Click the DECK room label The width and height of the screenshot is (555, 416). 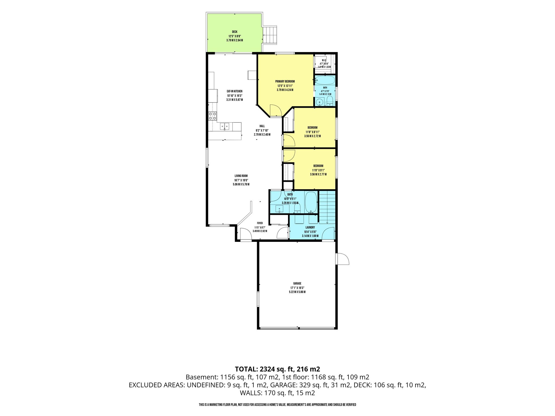(x=235, y=32)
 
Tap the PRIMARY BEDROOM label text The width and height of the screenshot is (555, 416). (x=285, y=82)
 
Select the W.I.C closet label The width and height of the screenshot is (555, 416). (x=324, y=60)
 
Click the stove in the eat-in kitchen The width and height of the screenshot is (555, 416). (x=212, y=116)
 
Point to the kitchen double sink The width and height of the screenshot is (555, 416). (x=225, y=126)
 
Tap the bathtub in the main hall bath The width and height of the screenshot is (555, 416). (x=311, y=202)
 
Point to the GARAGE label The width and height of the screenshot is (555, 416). (x=297, y=284)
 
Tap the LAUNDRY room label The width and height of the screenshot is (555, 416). (x=310, y=227)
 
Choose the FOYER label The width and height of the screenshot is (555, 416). (x=260, y=223)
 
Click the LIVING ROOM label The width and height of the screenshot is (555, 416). (x=241, y=176)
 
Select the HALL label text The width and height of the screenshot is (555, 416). (x=262, y=126)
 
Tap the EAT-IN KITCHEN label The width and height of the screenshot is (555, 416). (x=235, y=91)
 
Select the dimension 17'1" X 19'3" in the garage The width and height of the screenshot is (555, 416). (x=297, y=288)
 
